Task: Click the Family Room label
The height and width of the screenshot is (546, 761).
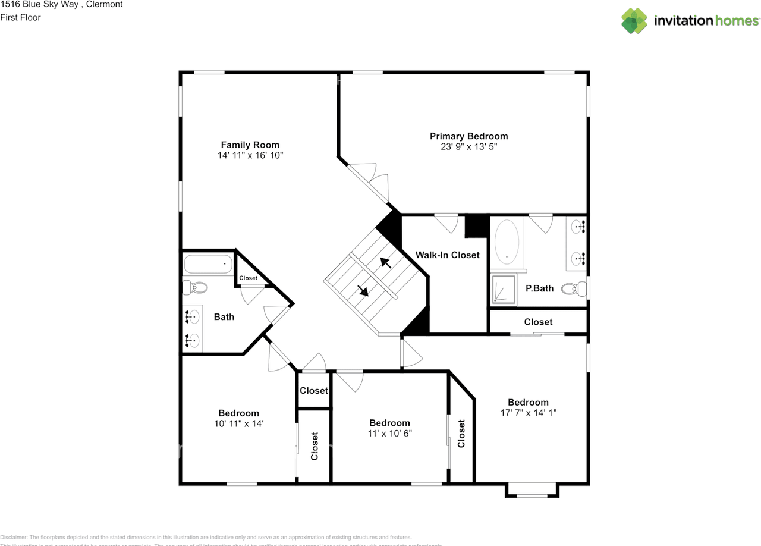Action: pyautogui.click(x=250, y=145)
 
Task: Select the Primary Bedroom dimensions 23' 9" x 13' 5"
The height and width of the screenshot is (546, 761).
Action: pyautogui.click(x=468, y=146)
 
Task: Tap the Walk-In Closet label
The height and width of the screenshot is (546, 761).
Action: pyautogui.click(x=447, y=255)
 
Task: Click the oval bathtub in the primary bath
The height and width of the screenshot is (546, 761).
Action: pyautogui.click(x=507, y=242)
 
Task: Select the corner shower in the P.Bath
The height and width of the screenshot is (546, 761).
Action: pyautogui.click(x=503, y=290)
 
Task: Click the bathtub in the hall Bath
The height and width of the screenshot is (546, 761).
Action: pyautogui.click(x=207, y=264)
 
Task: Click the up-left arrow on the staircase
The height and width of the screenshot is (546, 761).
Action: pyautogui.click(x=385, y=262)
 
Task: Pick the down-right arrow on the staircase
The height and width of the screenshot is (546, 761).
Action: pyautogui.click(x=363, y=291)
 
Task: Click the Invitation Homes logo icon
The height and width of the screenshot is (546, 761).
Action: pyautogui.click(x=634, y=21)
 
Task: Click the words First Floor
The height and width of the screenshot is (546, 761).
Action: pyautogui.click(x=21, y=17)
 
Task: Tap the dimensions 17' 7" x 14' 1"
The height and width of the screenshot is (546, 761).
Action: pyautogui.click(x=528, y=412)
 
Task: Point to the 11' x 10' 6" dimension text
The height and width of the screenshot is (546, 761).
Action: pyautogui.click(x=389, y=433)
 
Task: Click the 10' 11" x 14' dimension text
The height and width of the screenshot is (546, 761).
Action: pyautogui.click(x=238, y=423)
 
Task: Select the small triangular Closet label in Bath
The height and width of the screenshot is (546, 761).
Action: pyautogui.click(x=248, y=278)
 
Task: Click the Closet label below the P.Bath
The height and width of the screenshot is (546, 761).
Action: pyautogui.click(x=538, y=322)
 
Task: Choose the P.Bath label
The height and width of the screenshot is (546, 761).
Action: pyautogui.click(x=539, y=288)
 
